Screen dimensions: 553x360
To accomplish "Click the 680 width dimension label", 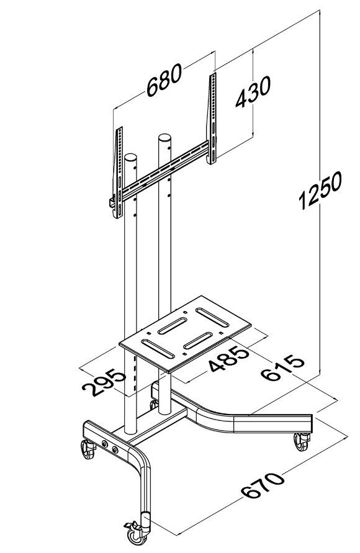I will pyautogui.click(x=164, y=81).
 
